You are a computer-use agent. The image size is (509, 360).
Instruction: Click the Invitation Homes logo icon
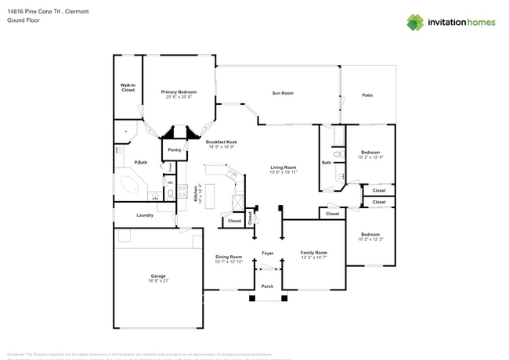coord(415,23)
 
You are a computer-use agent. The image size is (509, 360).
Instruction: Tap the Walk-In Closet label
coord(128,88)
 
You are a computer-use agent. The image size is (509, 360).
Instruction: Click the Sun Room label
coord(282,93)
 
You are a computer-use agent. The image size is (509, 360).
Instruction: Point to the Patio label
coord(366,95)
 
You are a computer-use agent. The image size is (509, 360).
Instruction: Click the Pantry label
coord(174,149)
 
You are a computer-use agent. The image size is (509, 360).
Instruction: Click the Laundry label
coord(144,215)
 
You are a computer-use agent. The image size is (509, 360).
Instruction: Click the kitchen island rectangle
coord(209,194)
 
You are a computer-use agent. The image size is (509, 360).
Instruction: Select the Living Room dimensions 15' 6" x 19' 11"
coord(283,172)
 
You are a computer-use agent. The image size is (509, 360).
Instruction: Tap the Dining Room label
coord(229,257)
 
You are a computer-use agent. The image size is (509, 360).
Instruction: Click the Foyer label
coord(267,253)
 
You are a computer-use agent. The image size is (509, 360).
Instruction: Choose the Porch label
coord(267,286)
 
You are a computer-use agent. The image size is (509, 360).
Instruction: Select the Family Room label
coord(314,252)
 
